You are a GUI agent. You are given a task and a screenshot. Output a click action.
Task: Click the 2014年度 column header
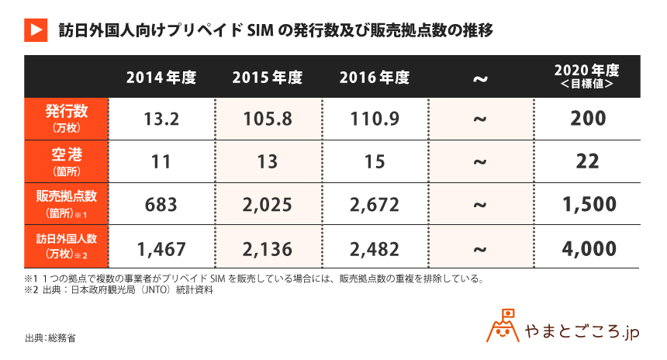[x=161, y=78]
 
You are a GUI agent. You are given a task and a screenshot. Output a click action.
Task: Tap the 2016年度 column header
[x=374, y=78]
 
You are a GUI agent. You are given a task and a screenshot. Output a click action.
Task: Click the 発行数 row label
[x=66, y=119]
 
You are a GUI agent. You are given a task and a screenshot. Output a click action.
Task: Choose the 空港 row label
[x=66, y=161]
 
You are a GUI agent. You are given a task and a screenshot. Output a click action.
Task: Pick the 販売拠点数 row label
[x=66, y=204]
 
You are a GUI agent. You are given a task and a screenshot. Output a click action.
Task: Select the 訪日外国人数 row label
[x=66, y=247]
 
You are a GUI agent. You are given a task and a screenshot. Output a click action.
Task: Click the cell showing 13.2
[x=161, y=119]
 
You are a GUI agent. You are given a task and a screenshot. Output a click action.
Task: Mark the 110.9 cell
[x=374, y=119]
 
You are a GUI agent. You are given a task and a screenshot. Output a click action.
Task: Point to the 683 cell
[x=161, y=205]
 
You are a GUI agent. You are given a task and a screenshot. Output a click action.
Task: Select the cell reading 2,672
[x=374, y=205]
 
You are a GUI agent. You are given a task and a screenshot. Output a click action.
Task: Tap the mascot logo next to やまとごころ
[x=503, y=329]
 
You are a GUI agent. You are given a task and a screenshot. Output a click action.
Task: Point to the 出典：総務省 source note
[x=50, y=337]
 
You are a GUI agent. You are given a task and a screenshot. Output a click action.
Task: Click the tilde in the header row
[x=480, y=79]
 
